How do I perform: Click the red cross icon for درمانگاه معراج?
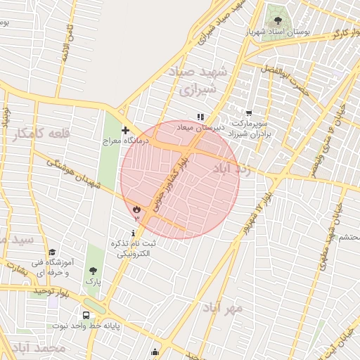pyautogui.click(x=125, y=130)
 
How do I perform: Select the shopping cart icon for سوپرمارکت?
pyautogui.click(x=248, y=112)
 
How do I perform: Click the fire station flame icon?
pyautogui.click(x=136, y=209)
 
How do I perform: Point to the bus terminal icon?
pyautogui.click(x=86, y=316)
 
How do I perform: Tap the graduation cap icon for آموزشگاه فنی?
pyautogui.click(x=52, y=252)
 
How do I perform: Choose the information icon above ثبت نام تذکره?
pyautogui.click(x=134, y=233)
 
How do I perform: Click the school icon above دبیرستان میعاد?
pyautogui.click(x=200, y=117)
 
